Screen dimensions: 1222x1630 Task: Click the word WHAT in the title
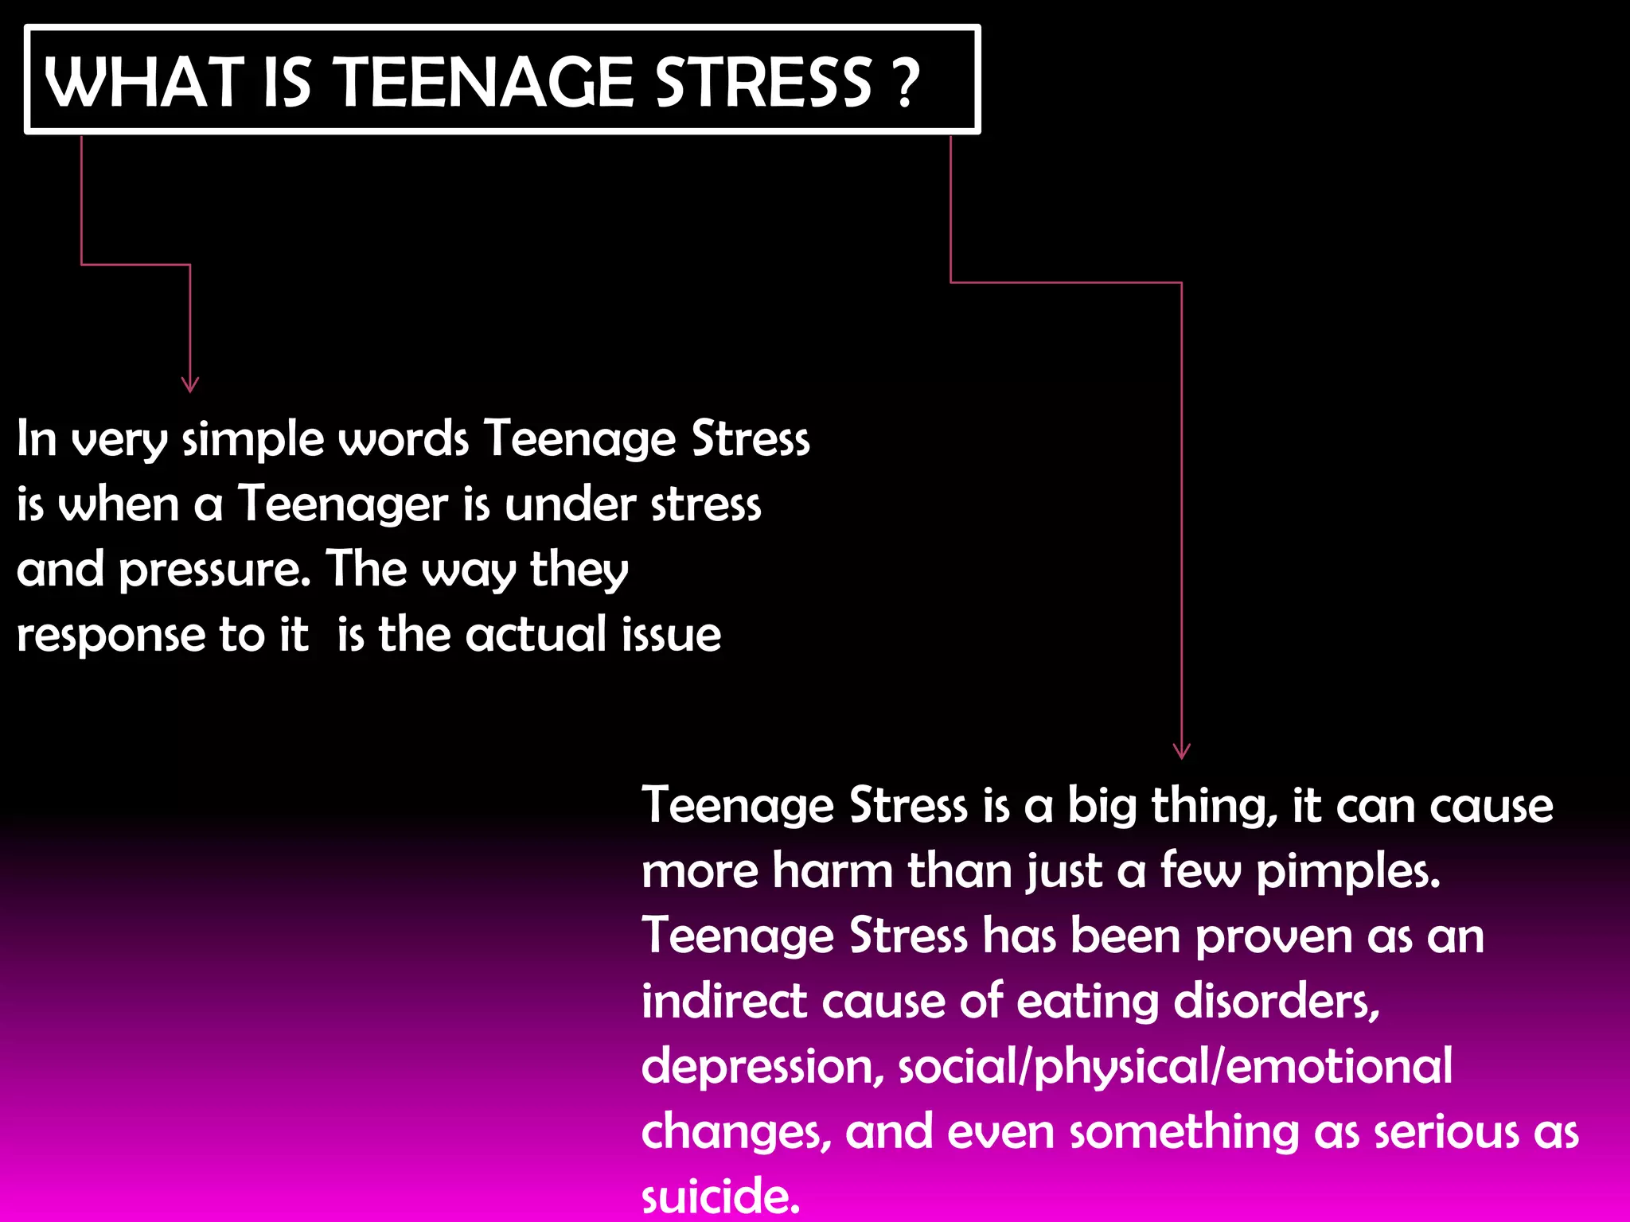tap(143, 82)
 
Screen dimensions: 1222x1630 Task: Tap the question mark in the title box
tap(906, 83)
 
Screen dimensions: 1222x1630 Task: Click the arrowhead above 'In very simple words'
tap(189, 384)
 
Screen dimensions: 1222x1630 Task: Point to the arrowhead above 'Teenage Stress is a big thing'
tap(1181, 750)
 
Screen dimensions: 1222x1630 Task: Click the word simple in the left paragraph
tap(252, 440)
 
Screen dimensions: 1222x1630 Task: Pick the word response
tap(111, 636)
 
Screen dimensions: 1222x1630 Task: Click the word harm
tap(833, 870)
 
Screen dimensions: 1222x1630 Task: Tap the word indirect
tap(723, 1001)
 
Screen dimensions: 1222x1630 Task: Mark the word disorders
tap(1276, 1002)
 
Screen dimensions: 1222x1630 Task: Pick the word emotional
tap(1339, 1066)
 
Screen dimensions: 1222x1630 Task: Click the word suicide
tap(719, 1196)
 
